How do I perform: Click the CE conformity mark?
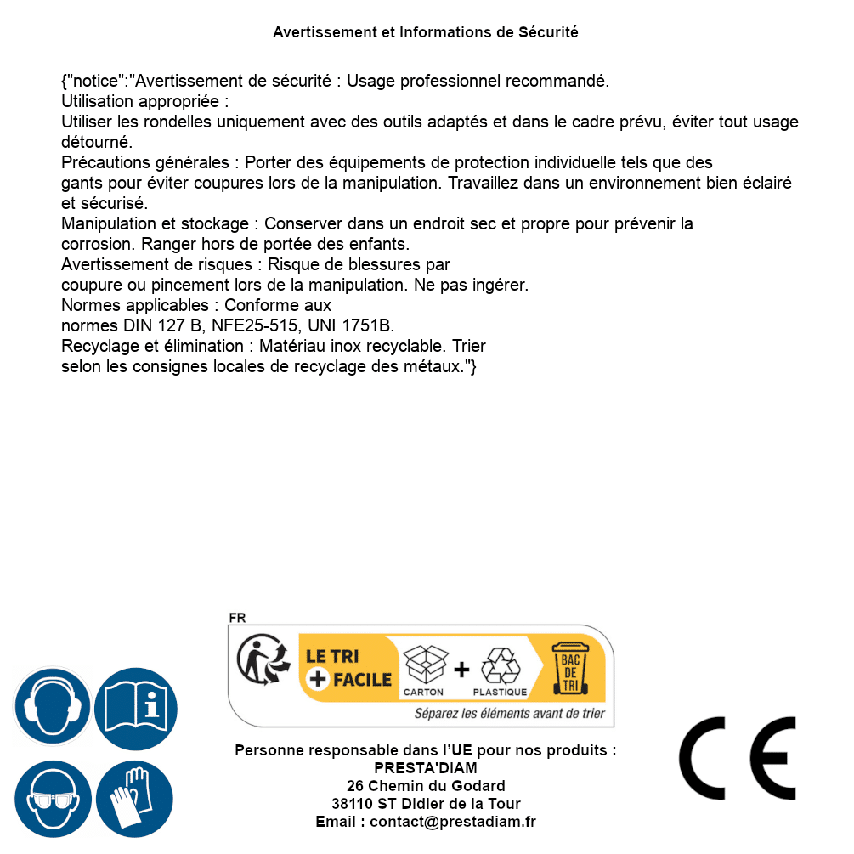[738, 759]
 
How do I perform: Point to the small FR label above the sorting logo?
[237, 618]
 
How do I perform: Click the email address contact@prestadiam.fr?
[453, 822]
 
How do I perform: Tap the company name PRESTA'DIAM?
[426, 768]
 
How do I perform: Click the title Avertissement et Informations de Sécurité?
[426, 32]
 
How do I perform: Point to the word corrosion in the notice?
[94, 244]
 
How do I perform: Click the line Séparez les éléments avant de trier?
[509, 714]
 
